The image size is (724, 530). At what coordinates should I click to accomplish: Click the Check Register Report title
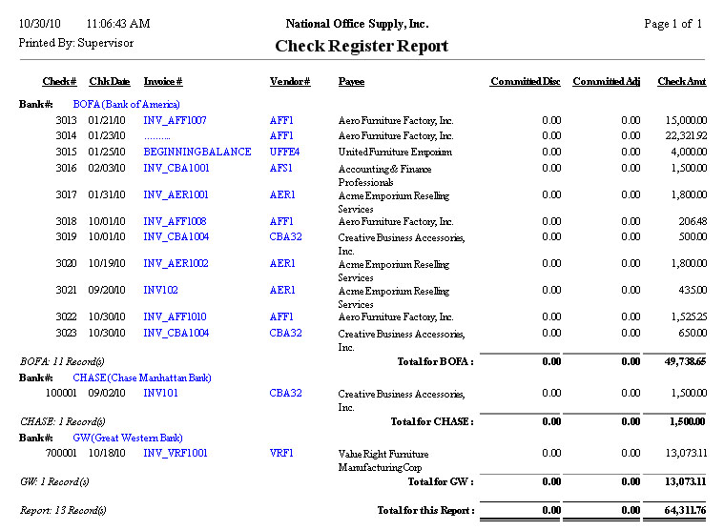[x=362, y=46]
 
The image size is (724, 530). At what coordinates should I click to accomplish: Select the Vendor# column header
[x=290, y=82]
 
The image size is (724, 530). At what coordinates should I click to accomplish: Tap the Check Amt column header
[x=682, y=82]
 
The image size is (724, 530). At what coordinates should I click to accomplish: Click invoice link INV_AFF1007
[x=175, y=121]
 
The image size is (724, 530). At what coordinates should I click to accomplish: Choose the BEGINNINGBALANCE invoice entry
[x=197, y=152]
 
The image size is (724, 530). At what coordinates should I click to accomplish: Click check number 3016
[x=66, y=169]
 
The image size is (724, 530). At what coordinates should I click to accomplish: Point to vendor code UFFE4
[x=284, y=152]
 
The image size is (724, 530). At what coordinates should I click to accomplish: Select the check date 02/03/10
[x=107, y=169]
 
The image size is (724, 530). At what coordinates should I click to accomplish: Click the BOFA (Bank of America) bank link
[x=126, y=104]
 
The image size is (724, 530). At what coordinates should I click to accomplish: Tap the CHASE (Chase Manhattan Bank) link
[x=142, y=377]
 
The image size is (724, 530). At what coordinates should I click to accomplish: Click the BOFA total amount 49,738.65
[x=681, y=362]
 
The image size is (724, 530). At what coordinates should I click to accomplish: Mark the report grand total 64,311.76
[x=681, y=511]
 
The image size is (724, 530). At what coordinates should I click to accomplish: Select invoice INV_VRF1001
[x=176, y=454]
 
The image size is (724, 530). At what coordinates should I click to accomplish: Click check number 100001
[x=61, y=394]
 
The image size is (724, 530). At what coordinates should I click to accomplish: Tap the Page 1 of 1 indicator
[x=672, y=24]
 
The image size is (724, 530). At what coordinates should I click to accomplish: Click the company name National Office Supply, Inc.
[x=357, y=24]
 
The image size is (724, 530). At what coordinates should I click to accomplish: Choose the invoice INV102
[x=161, y=290]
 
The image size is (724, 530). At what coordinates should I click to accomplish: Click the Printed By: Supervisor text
[x=76, y=43]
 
